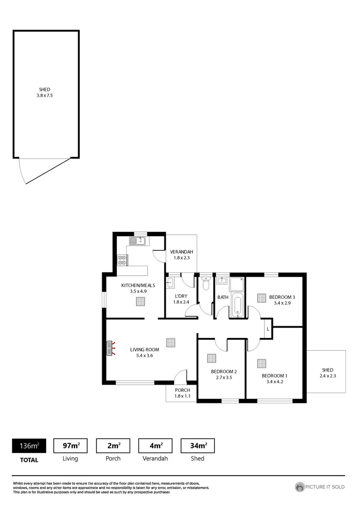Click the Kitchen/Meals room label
click(138, 285)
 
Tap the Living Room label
click(144, 350)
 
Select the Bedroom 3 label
click(282, 297)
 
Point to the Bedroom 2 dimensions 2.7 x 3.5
click(223, 378)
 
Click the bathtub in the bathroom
click(237, 305)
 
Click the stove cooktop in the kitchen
click(122, 260)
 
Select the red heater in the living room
click(111, 348)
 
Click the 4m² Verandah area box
click(155, 445)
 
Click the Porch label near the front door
click(182, 390)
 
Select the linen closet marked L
click(268, 328)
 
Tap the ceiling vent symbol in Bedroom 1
click(262, 363)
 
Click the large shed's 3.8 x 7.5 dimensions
click(45, 95)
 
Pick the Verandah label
click(181, 252)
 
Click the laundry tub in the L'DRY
click(171, 283)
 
